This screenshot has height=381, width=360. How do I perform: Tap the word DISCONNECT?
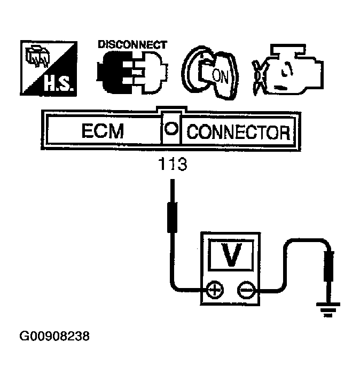click(132, 45)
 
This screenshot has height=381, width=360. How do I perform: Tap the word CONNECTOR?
click(238, 132)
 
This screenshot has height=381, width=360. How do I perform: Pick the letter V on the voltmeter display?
click(231, 255)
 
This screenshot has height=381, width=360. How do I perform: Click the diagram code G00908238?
click(54, 337)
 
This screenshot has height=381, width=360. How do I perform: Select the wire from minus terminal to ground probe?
click(288, 251)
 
